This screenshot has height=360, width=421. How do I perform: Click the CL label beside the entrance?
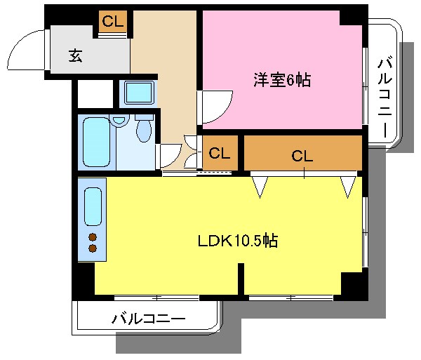pos(112,21)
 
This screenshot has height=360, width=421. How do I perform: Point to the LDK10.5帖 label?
pos(236,241)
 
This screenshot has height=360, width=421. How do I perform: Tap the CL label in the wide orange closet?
pos(302,156)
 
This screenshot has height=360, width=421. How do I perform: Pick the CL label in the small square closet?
pos(219,152)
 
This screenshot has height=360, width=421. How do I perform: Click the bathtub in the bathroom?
pos(95,143)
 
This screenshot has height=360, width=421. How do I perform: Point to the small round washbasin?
pos(120,121)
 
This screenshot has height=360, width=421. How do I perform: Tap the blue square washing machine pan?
pos(139,92)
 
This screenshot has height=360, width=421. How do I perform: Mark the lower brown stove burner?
pos(93,247)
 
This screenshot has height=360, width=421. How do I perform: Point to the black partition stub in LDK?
pos(241,281)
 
